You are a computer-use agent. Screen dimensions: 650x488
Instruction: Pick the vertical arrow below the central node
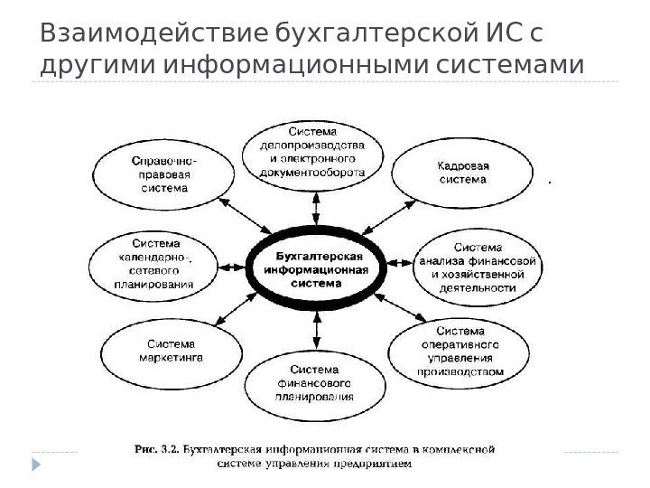click(x=315, y=330)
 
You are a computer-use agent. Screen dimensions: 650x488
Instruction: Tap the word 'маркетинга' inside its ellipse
click(x=171, y=357)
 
